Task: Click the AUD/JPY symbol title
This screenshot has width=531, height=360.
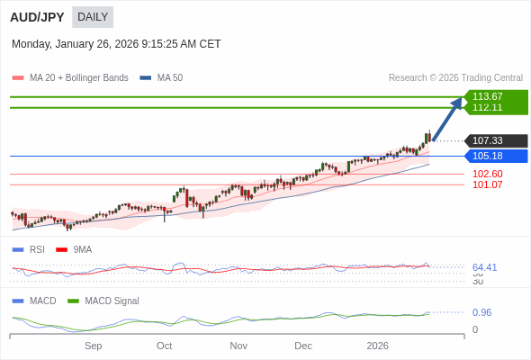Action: click(37, 17)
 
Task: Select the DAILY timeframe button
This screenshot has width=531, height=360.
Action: click(93, 17)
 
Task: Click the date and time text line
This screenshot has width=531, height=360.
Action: click(116, 44)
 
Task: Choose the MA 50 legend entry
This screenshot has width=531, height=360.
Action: click(162, 78)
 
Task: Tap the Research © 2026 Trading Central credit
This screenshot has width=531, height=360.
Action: click(455, 78)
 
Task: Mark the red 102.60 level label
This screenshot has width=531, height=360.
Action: click(487, 174)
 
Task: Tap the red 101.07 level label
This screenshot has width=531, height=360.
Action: click(487, 184)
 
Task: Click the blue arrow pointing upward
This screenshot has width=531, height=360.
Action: click(448, 117)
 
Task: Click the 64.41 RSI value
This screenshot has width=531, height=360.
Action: click(484, 267)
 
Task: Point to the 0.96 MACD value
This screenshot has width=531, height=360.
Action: click(481, 312)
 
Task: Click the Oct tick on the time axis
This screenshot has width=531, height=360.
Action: click(164, 346)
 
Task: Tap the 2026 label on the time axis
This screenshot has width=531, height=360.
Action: click(377, 346)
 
